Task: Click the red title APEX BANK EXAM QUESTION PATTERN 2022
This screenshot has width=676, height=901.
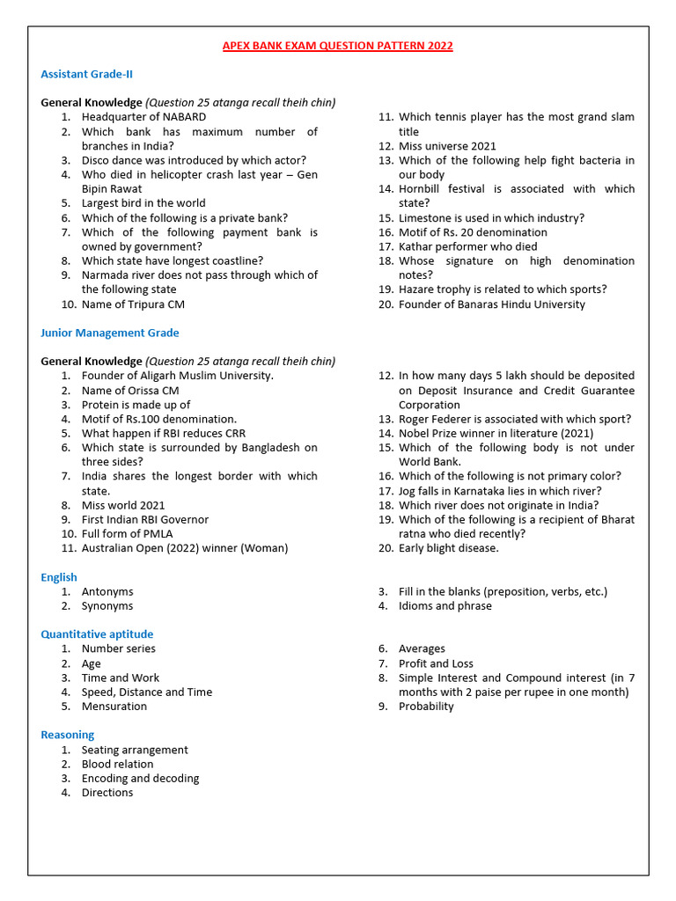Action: click(338, 46)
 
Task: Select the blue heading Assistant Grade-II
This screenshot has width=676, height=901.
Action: click(86, 74)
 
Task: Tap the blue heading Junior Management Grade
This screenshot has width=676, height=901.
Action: click(109, 333)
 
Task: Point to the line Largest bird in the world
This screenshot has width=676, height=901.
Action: click(143, 203)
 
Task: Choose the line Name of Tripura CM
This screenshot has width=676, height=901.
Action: click(133, 304)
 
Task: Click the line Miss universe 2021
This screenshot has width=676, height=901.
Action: click(447, 146)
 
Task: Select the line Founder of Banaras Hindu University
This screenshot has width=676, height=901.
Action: click(491, 304)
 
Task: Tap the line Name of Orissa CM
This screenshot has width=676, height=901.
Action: click(130, 391)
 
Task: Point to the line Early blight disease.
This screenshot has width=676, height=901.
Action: click(448, 548)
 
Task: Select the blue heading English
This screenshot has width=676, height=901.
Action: click(59, 577)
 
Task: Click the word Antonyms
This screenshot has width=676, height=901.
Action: click(107, 592)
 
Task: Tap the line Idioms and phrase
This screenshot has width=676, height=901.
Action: click(445, 606)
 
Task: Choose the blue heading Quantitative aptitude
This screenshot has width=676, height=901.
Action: click(97, 634)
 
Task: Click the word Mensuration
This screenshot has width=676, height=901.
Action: click(114, 707)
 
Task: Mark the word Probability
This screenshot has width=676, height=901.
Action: click(426, 707)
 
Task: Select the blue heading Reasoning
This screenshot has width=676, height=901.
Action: click(67, 735)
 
